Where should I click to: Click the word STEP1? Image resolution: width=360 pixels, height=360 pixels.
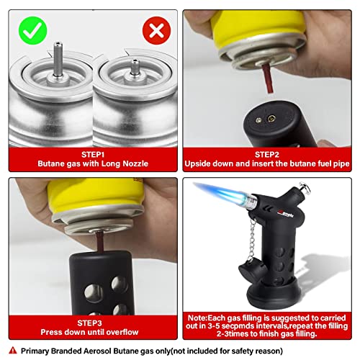point(89,153)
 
